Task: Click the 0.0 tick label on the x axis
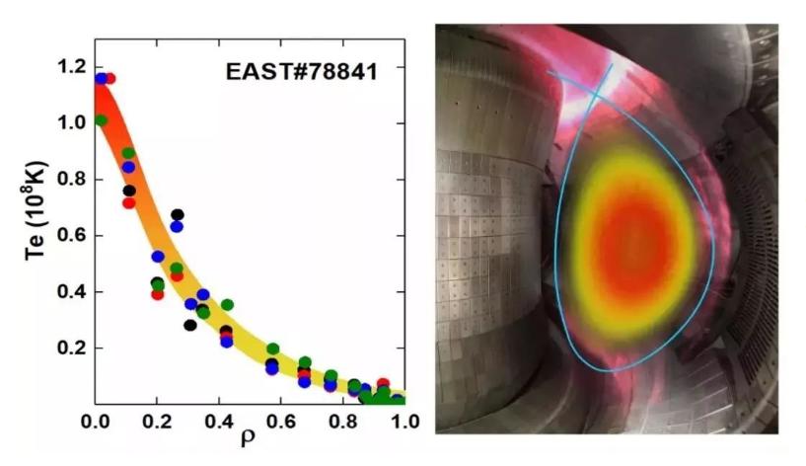(96, 422)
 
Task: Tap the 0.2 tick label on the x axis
(158, 422)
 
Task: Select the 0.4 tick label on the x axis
(219, 422)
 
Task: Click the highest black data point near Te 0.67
(178, 214)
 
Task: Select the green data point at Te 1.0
(100, 120)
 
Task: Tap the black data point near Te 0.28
(190, 324)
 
